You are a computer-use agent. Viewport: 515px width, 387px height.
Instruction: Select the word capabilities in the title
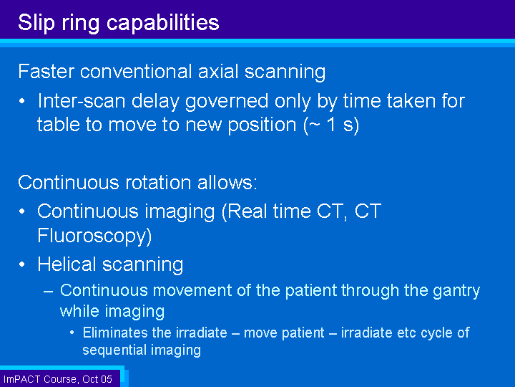(163, 23)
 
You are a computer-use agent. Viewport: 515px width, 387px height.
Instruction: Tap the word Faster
(46, 72)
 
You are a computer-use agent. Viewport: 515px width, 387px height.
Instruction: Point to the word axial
(217, 72)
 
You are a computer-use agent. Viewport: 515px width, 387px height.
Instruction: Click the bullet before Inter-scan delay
(22, 101)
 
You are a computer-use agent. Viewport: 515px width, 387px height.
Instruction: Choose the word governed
(227, 101)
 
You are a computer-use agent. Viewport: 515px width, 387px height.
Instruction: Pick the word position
(262, 125)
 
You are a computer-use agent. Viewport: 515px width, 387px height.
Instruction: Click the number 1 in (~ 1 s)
(332, 125)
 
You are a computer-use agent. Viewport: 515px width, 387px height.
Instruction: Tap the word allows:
(227, 182)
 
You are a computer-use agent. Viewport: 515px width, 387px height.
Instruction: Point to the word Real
(247, 211)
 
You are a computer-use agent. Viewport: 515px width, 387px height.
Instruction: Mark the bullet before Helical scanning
(22, 264)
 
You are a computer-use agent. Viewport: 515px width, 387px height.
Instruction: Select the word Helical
(67, 264)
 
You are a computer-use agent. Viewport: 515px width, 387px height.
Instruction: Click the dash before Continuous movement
(49, 291)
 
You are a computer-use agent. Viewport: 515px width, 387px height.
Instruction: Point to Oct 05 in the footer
(97, 379)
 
